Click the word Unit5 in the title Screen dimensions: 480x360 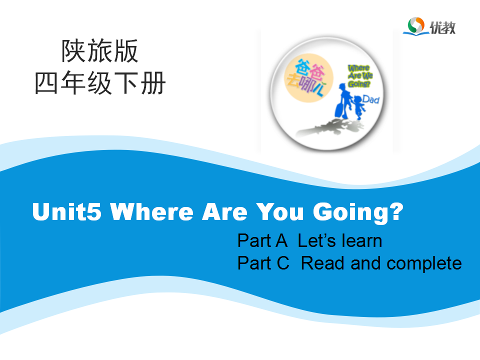[x=66, y=211]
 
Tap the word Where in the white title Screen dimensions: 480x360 [x=152, y=211]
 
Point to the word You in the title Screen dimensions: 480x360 [x=280, y=211]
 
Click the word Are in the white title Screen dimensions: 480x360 [x=224, y=211]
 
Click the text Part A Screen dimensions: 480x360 [x=262, y=240]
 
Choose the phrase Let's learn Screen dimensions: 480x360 [x=340, y=240]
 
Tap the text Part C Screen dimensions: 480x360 [x=263, y=263]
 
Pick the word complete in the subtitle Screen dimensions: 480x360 [x=424, y=264]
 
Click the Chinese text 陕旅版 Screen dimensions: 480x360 [x=100, y=51]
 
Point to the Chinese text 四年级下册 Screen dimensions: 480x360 [x=100, y=83]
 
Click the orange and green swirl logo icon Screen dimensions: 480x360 [x=415, y=25]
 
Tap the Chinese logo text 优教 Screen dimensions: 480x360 [x=442, y=28]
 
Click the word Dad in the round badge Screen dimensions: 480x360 [x=370, y=99]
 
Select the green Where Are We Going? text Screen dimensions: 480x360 [x=359, y=76]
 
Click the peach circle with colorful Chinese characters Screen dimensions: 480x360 [x=308, y=78]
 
